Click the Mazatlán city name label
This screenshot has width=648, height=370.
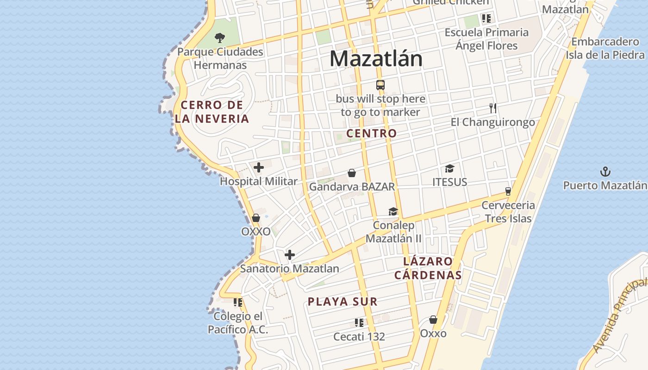pyautogui.click(x=376, y=59)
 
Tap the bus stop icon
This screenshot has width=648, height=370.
pyautogui.click(x=380, y=85)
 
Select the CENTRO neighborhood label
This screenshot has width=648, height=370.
pyautogui.click(x=372, y=133)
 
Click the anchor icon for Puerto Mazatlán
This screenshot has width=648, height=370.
pyautogui.click(x=605, y=172)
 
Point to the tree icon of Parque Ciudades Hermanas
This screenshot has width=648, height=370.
pyautogui.click(x=220, y=37)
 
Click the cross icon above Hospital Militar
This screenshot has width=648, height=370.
pyautogui.click(x=259, y=167)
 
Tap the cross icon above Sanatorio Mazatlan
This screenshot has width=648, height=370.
pyautogui.click(x=290, y=255)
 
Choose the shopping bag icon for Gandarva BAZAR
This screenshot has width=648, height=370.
pyautogui.click(x=352, y=173)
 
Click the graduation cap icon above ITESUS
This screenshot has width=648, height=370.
pyautogui.click(x=449, y=168)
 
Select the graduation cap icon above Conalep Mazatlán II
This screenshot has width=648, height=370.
pyautogui.click(x=393, y=211)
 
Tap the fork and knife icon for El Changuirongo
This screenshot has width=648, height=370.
pyautogui.click(x=493, y=108)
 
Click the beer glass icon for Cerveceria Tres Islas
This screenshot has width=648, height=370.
pyautogui.click(x=508, y=191)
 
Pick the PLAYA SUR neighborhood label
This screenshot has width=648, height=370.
pyautogui.click(x=343, y=302)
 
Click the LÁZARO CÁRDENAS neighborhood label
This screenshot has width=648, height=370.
pyautogui.click(x=428, y=268)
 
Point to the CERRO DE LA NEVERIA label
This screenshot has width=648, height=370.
pyautogui.click(x=212, y=111)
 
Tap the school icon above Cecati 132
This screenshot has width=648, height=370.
pyautogui.click(x=359, y=322)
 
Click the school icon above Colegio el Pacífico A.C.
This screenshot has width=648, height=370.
pyautogui.click(x=238, y=302)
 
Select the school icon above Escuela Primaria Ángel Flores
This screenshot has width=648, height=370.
pyautogui.click(x=486, y=18)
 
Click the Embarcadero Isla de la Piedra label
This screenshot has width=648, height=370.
pyautogui.click(x=605, y=48)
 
